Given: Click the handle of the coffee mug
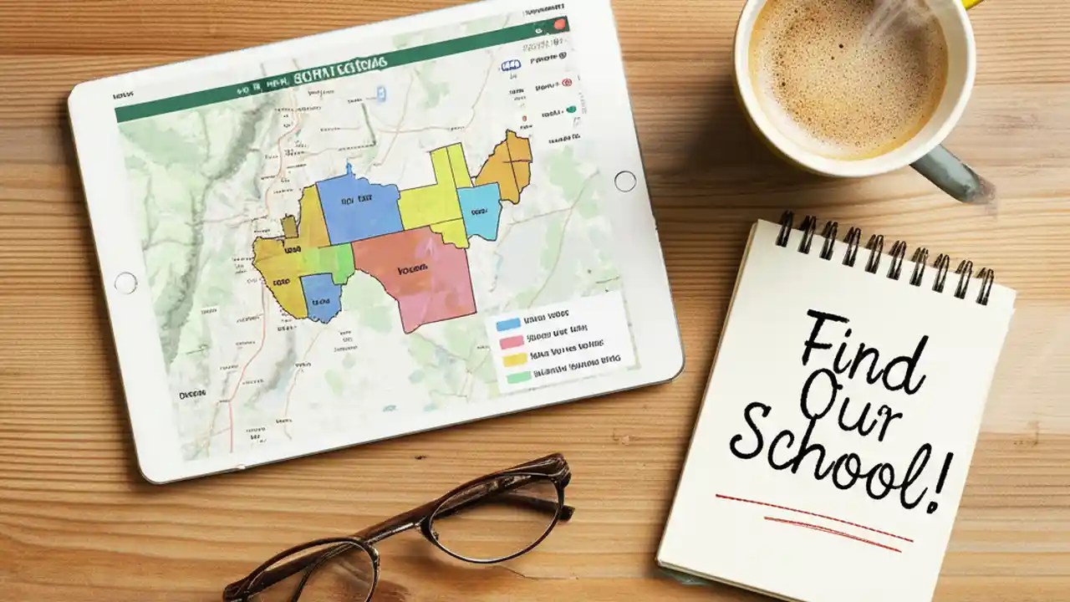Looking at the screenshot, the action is pos(953,172).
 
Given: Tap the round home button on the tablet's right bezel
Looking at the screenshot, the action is pos(624,181).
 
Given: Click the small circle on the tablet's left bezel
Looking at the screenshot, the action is pos(125,283).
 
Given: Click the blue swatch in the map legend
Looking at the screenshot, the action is pos(507,324).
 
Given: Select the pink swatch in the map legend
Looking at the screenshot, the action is pos(511,341).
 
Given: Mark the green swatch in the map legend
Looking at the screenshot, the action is pos(518,377).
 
